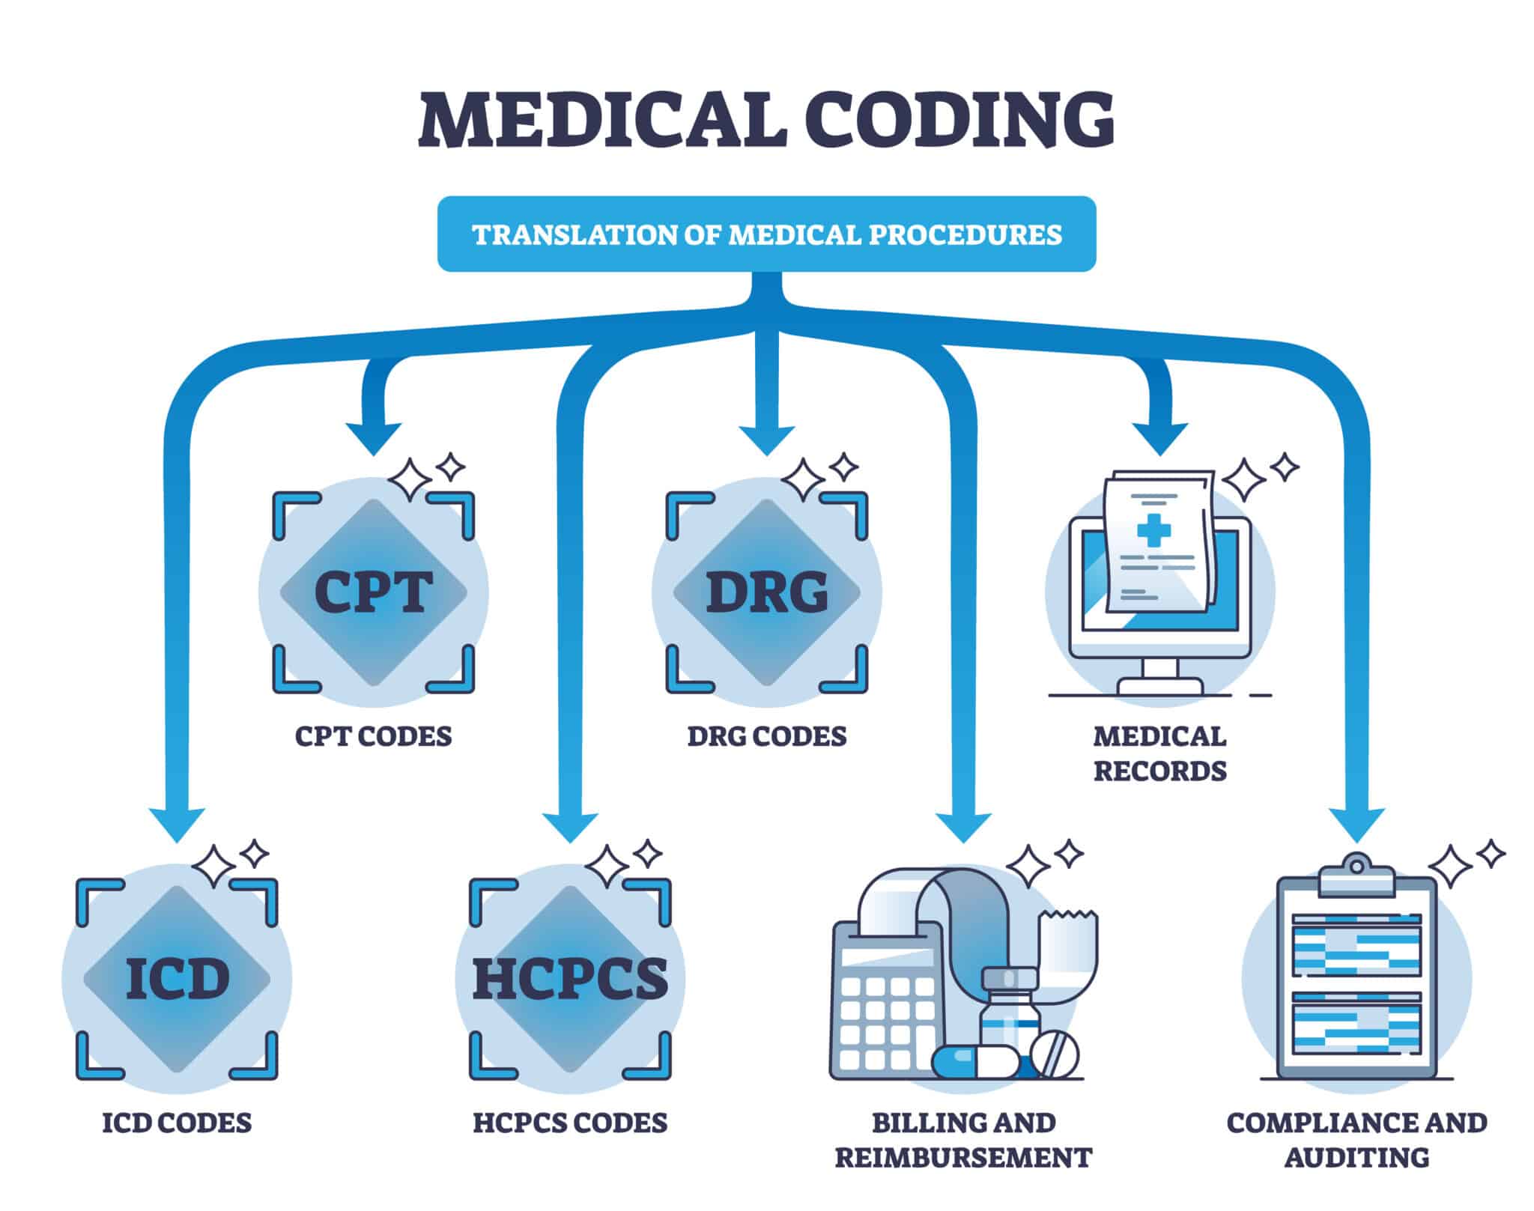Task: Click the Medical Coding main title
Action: [x=766, y=119]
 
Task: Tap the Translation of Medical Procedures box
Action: [x=766, y=234]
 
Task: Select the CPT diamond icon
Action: [x=374, y=592]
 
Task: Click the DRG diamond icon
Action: [x=767, y=592]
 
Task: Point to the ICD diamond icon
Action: [x=177, y=978]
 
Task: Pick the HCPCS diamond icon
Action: [x=570, y=978]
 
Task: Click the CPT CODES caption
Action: [x=374, y=736]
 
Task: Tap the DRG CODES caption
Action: [x=767, y=736]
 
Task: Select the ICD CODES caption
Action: [x=177, y=1123]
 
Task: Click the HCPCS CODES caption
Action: [x=570, y=1123]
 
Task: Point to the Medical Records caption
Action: [x=1159, y=753]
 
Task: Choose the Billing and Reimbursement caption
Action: [x=963, y=1140]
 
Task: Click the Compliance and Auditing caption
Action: [x=1356, y=1140]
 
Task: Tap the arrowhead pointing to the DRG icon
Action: [x=767, y=438]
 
